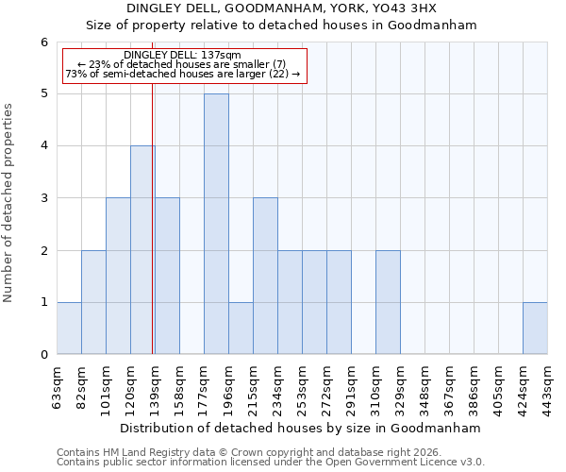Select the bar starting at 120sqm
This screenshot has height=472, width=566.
click(x=142, y=250)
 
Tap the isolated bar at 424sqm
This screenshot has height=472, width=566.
click(x=535, y=329)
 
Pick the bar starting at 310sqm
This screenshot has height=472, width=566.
click(x=388, y=302)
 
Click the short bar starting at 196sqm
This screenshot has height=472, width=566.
click(x=241, y=329)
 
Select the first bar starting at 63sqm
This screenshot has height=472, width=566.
click(x=69, y=329)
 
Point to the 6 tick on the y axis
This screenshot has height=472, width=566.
click(x=43, y=42)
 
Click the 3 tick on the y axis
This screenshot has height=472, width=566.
click(x=43, y=198)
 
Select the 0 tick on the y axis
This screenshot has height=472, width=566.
click(x=43, y=355)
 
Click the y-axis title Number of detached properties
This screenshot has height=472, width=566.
click(x=9, y=203)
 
